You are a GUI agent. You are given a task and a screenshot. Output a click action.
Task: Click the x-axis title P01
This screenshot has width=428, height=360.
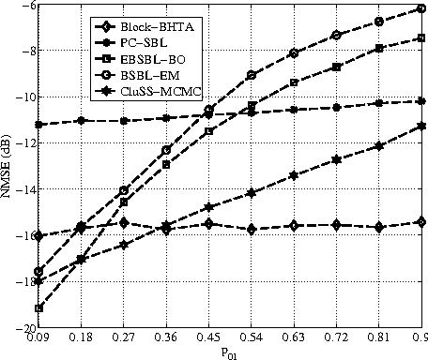230,353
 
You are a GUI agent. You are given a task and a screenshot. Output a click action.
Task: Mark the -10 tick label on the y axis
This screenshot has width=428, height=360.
21,97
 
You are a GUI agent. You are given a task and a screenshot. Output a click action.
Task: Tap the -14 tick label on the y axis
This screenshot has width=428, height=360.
21,190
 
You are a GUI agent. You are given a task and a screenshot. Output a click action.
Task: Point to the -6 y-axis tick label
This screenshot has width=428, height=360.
24,6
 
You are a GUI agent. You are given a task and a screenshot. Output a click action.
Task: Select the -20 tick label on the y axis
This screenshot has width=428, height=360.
21,329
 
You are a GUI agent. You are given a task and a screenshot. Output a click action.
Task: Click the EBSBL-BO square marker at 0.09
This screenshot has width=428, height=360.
38,308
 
